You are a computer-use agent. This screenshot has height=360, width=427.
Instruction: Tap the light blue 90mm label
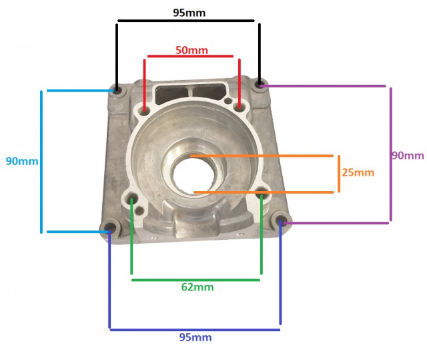[21, 161]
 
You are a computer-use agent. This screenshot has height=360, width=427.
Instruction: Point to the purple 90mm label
[408, 156]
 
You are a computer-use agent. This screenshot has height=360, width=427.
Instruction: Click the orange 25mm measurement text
[357, 172]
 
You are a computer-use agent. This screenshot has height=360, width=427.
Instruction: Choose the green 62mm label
[197, 287]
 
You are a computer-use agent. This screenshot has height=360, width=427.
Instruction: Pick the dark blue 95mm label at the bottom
[195, 337]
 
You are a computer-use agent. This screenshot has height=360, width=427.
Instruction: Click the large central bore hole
[193, 172]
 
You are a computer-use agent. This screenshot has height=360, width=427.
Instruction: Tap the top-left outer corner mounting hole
[117, 89]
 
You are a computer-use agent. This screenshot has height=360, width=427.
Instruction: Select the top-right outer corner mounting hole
[260, 85]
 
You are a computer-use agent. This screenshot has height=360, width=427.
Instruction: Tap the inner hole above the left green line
[132, 199]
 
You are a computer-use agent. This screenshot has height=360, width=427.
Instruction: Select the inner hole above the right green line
[262, 194]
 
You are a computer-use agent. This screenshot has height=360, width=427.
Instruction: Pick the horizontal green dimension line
[195, 279]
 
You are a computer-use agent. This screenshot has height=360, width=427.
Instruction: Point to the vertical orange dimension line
[339, 174]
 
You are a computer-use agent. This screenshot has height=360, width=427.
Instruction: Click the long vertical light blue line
[41, 161]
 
